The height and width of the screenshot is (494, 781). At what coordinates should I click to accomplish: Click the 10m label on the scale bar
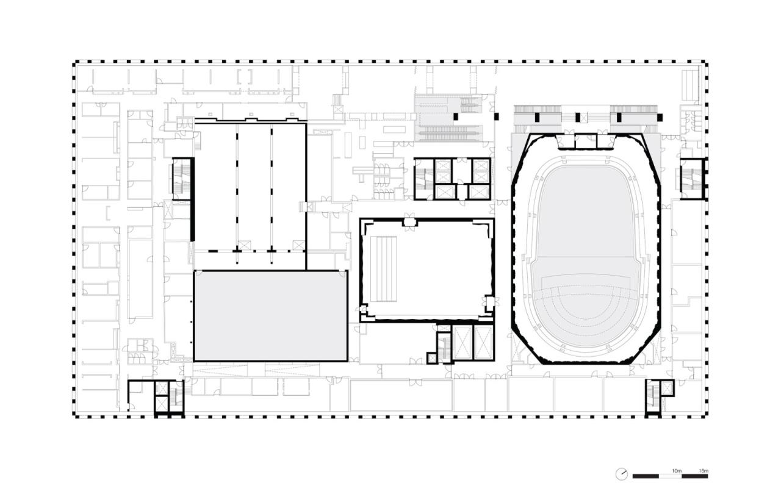click(x=676, y=470)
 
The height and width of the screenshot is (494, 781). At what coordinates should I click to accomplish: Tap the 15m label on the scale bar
click(x=703, y=470)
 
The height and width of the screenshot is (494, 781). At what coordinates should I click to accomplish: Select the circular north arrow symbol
click(x=622, y=474)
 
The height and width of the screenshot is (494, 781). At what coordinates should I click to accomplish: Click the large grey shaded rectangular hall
click(x=270, y=315)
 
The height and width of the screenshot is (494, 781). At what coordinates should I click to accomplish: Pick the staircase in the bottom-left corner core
click(x=175, y=396)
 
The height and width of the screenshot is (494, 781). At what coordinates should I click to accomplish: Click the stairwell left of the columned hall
click(x=181, y=178)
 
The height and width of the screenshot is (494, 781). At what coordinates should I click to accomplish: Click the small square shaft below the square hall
click(x=432, y=358)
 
